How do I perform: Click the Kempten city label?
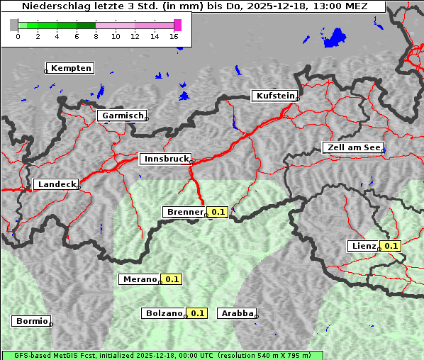[72, 68]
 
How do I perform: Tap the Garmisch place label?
[123, 116]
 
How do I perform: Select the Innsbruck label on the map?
[166, 159]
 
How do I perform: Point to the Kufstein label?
[274, 96]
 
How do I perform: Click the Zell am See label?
[353, 147]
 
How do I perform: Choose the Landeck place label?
[57, 184]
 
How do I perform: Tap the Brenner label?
[184, 212]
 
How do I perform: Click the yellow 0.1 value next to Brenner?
[218, 212]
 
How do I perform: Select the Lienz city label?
[364, 246]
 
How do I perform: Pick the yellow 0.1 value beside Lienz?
[391, 246]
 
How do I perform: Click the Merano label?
[139, 279]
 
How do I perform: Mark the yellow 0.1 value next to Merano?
[172, 279]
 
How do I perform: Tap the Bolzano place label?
[164, 313]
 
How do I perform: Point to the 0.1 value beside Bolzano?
[197, 313]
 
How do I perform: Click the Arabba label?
[237, 313]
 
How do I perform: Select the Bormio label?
[32, 321]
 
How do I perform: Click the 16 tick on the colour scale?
[174, 36]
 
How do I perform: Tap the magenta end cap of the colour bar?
[177, 25]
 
